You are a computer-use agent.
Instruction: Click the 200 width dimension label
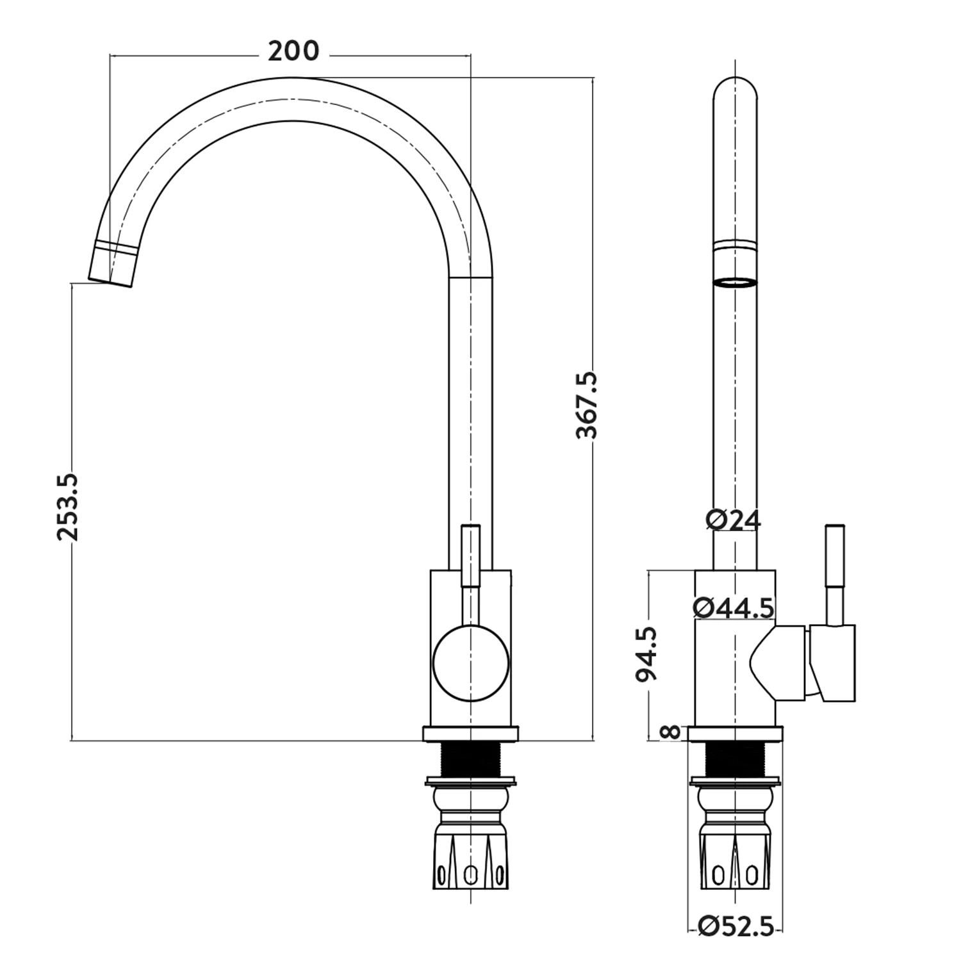tap(293, 51)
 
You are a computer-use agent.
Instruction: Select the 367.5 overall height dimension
tap(586, 404)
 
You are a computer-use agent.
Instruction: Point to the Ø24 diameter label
tap(734, 520)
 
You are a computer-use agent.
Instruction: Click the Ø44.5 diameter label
tap(734, 607)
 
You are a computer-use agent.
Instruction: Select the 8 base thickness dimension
tap(669, 732)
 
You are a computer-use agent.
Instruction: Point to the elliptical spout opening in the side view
tap(735, 283)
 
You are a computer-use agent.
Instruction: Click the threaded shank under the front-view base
tap(471, 760)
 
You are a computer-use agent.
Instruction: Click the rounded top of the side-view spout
tap(735, 90)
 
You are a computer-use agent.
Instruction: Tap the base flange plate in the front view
tap(471, 734)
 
